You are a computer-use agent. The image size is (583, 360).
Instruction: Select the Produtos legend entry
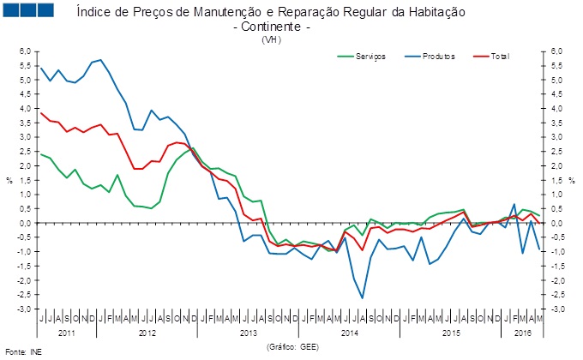tap(438, 57)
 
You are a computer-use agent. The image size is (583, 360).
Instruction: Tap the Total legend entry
tap(500, 57)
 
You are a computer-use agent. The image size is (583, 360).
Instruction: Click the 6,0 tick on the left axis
tap(25, 51)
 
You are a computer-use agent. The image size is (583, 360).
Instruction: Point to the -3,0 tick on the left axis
tap(25, 309)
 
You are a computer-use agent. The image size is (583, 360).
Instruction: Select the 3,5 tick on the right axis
tap(556, 94)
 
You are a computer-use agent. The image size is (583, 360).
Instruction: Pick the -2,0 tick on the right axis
tap(556, 280)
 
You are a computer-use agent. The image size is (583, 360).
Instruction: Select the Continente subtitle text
tap(271, 27)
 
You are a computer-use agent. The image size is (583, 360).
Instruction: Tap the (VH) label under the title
tap(271, 39)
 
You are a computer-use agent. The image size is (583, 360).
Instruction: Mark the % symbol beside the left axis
tap(9, 180)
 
